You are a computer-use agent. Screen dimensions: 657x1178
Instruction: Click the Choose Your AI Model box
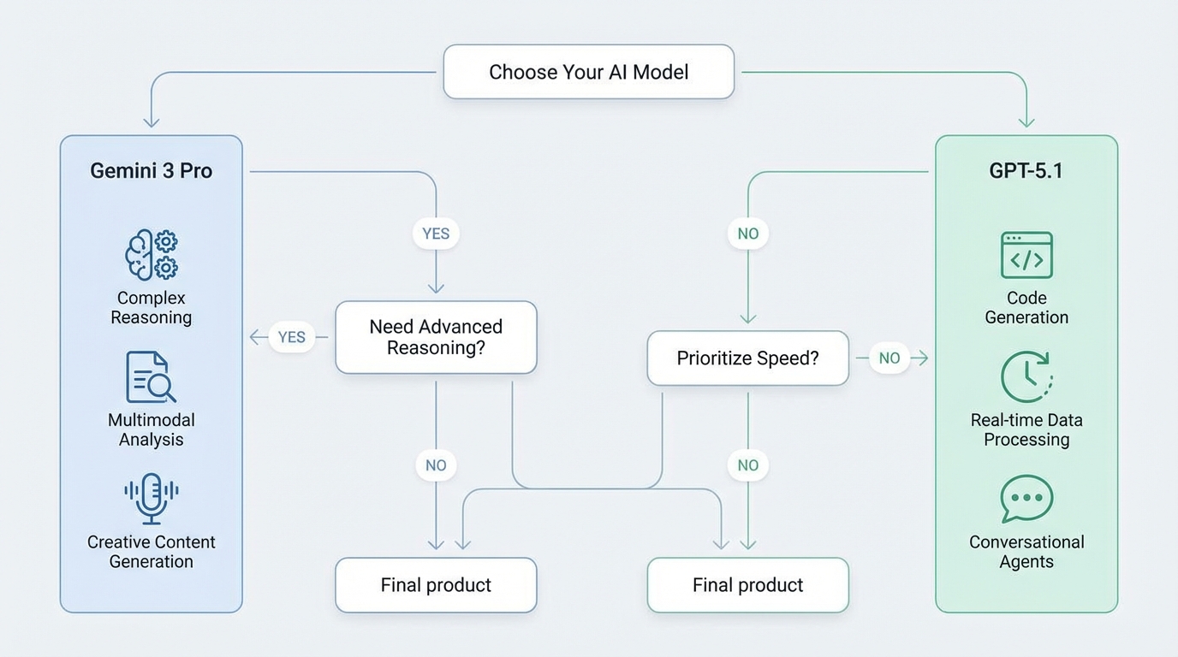(588, 72)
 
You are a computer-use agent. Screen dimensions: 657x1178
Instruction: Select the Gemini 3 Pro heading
(151, 170)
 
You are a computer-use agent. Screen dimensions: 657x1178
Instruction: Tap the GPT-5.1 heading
(1026, 170)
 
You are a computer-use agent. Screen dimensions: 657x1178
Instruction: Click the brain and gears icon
(152, 255)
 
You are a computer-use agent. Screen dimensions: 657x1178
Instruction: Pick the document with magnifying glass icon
(151, 377)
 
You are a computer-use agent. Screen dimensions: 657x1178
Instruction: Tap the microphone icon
(152, 498)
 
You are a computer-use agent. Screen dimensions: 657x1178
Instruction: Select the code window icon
(1026, 255)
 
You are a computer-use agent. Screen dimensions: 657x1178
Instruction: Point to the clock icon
(1026, 377)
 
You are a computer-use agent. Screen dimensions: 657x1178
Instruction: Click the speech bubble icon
(1026, 498)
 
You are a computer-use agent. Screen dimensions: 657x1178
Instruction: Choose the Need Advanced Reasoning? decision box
(436, 337)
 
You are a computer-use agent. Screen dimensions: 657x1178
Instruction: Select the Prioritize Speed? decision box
(747, 358)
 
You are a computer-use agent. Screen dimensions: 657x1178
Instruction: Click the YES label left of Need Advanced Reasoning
(292, 337)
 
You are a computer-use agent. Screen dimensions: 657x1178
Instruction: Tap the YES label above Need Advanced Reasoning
(436, 234)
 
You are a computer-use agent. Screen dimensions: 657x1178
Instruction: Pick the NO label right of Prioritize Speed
(889, 358)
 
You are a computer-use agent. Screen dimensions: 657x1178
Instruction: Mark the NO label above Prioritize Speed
(748, 234)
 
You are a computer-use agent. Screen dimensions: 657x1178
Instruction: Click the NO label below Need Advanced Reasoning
(436, 465)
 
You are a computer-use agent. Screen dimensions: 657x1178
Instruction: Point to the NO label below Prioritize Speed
(748, 465)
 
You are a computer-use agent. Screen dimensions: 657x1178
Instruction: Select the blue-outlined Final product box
(436, 585)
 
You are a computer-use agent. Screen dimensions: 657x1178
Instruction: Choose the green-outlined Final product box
(747, 585)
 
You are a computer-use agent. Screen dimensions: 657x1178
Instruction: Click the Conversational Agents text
(1026, 552)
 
